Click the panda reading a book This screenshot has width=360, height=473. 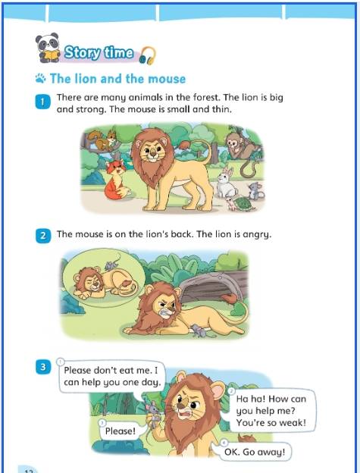click(47, 48)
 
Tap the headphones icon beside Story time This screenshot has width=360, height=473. click(148, 55)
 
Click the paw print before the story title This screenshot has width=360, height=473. click(40, 78)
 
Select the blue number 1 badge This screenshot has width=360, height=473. click(42, 102)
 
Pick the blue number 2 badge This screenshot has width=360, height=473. click(42, 235)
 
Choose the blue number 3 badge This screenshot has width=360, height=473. click(42, 367)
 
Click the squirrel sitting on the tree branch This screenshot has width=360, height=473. click(103, 139)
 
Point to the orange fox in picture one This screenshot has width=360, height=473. click(117, 180)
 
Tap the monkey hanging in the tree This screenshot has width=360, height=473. click(243, 148)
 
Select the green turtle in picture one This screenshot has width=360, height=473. click(242, 203)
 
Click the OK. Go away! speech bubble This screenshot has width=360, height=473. click(254, 452)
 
